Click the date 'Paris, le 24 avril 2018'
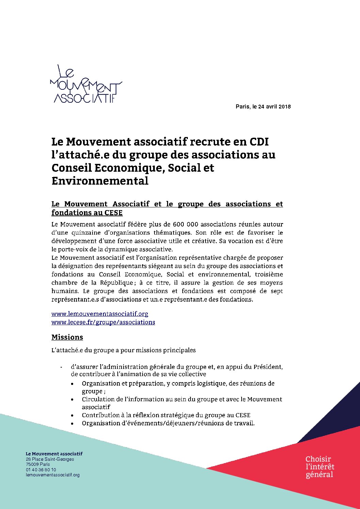263,107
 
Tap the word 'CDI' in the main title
259,141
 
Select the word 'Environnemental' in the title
100,181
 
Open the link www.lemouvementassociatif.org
100,314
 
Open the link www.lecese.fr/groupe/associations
103,322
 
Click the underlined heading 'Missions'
67,337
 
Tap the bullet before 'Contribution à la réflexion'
72,415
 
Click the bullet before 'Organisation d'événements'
72,424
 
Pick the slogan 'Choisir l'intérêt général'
320,467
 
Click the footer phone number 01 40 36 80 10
41,470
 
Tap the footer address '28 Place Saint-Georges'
50,459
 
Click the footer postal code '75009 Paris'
38,464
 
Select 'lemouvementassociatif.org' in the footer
52,475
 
